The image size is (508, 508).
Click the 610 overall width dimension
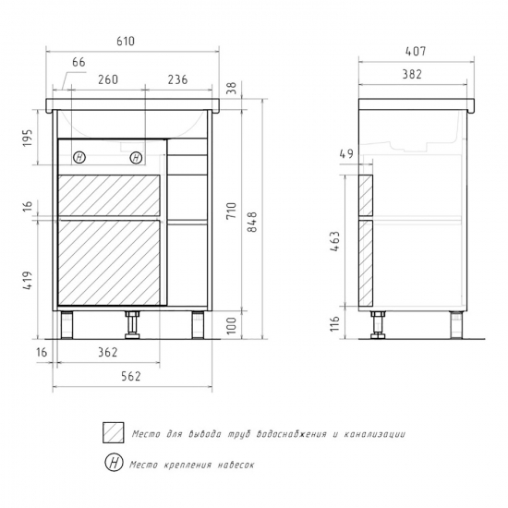tap(126, 42)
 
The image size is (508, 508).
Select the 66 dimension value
tap(79, 62)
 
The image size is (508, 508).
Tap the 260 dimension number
tap(108, 79)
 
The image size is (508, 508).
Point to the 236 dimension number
tap(177, 79)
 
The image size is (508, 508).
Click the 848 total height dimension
tap(252, 222)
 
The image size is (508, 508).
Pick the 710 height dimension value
tap(231, 211)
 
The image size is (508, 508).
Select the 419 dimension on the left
tap(28, 280)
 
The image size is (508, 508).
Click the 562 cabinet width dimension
tap(131, 377)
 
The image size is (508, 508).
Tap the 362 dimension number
tap(107, 352)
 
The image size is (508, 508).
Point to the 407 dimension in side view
tap(416, 51)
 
